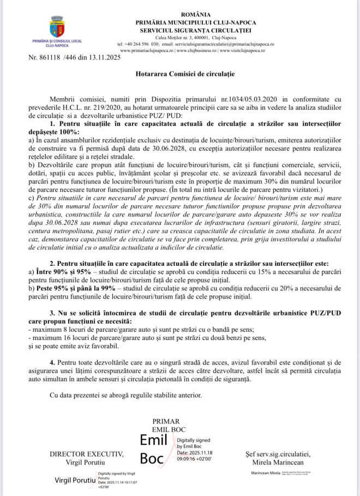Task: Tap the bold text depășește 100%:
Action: [x=52, y=133]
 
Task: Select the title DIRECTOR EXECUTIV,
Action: [x=86, y=454]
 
